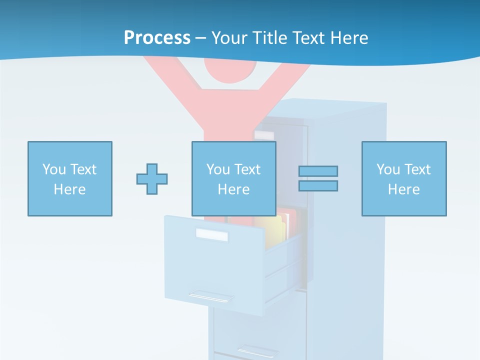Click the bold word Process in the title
pos(157,38)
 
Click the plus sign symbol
pos(152,178)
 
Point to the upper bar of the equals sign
pos(318,171)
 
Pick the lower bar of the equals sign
pos(318,185)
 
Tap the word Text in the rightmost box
pos(417,169)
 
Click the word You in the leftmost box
pos(53,169)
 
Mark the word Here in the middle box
pos(234,189)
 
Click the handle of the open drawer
pos(211,296)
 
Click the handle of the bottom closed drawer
pos(258,350)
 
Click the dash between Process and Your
pos(200,38)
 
